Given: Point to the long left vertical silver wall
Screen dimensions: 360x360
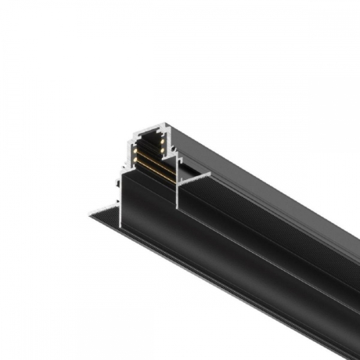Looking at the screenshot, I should click(119, 196).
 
